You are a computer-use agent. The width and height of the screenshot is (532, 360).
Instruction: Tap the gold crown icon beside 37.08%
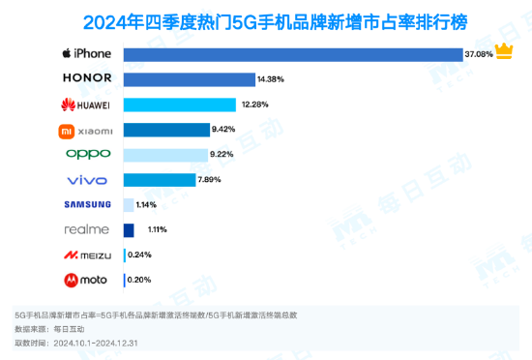pos(504,51)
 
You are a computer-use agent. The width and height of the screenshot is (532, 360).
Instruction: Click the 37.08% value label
pos(478,53)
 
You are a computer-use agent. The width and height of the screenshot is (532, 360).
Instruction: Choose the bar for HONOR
pos(190,78)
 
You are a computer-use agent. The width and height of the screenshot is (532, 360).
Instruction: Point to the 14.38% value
pos(271,78)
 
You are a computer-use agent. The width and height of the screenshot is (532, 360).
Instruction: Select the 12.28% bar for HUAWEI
pos(180,104)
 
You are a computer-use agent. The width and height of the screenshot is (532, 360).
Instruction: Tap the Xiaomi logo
pos(88,129)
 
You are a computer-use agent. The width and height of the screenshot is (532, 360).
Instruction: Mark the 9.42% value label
pos(225,129)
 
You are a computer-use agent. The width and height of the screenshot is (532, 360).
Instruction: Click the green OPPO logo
pos(88,154)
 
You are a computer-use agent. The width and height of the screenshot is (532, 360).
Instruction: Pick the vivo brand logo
pos(88,180)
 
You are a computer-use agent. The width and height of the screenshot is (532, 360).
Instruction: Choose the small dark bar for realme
pos(129,230)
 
